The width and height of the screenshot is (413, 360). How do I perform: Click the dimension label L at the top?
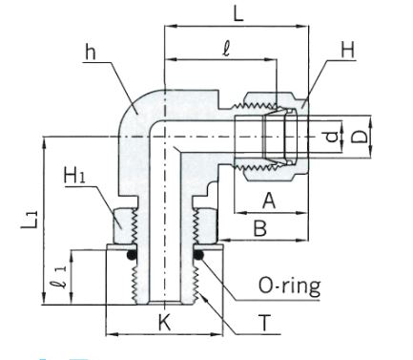(x=237, y=13)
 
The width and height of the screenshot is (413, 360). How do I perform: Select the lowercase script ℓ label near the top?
(x=226, y=50)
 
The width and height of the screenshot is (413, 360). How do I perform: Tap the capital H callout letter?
(x=348, y=50)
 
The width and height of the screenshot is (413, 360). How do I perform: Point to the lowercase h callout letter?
(x=91, y=52)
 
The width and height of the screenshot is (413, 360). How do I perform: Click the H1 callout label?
(x=74, y=175)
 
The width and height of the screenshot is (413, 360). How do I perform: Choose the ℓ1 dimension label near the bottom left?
(x=60, y=278)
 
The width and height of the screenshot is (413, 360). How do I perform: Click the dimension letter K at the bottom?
(x=165, y=323)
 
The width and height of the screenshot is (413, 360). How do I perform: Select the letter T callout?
(x=264, y=323)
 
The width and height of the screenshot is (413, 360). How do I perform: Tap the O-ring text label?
(x=290, y=286)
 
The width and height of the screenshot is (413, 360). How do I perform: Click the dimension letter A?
(x=269, y=201)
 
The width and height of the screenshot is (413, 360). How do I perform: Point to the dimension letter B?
(x=260, y=228)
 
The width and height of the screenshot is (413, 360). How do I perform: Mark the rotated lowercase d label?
(x=332, y=137)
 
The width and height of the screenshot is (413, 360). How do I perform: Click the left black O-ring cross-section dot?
(x=132, y=255)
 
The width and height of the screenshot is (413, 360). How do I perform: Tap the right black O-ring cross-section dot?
(x=198, y=255)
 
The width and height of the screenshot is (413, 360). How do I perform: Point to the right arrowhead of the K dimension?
(x=217, y=334)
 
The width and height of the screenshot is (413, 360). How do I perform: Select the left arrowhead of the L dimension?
(x=169, y=27)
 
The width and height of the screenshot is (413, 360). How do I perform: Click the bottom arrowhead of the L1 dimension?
(x=45, y=299)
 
